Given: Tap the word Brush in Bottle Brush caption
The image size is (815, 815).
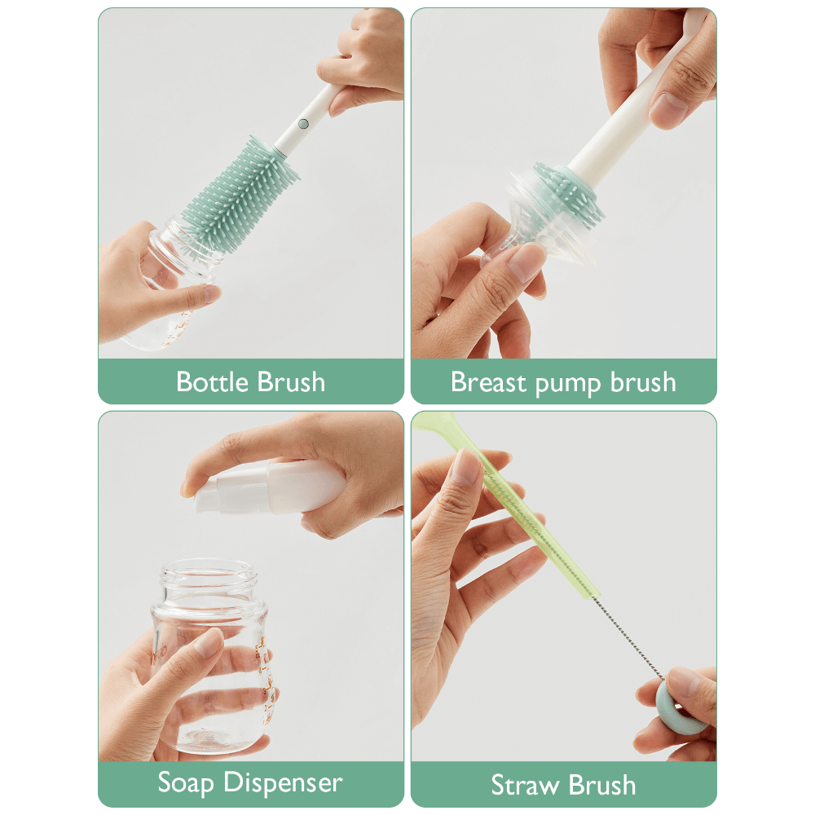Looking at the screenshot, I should [x=291, y=381].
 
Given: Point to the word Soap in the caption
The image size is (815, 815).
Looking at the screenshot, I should [x=187, y=782].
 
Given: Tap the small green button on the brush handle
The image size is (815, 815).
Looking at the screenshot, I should [x=303, y=124].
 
